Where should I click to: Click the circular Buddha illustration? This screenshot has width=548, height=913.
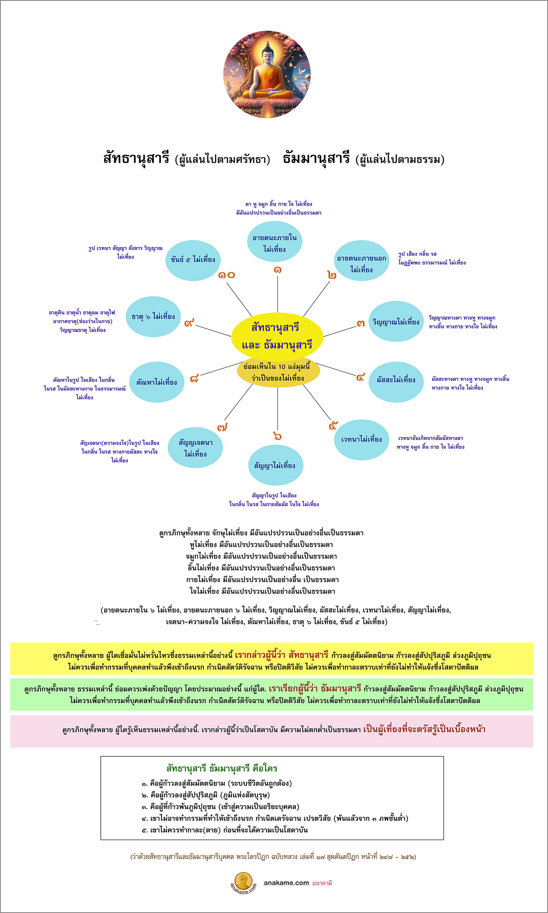267,74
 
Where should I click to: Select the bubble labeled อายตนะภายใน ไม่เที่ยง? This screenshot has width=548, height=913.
274,243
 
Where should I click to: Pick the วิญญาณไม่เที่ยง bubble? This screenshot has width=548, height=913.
396,322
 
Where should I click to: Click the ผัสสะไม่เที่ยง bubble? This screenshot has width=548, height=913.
396,380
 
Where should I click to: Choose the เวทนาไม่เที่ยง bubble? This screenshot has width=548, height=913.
361,439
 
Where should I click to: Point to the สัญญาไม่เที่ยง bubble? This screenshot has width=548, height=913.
275,466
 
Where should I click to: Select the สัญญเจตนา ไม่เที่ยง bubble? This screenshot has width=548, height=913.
195,448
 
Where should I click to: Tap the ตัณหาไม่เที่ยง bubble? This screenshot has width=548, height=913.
156,382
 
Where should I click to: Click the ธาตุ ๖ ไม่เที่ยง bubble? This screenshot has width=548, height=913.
153,316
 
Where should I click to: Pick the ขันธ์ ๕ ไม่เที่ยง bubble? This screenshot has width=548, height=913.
193,260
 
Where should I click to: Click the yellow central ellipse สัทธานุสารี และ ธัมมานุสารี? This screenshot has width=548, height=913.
277,336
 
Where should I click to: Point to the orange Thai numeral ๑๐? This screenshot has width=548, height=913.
226,275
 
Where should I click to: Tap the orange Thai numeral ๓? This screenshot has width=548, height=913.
360,324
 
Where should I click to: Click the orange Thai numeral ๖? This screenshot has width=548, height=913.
277,436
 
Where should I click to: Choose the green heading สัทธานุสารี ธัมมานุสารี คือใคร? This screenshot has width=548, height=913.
222,768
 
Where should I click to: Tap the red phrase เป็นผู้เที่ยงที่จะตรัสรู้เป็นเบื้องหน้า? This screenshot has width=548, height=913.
424,729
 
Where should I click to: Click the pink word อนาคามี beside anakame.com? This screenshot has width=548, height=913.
322,883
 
